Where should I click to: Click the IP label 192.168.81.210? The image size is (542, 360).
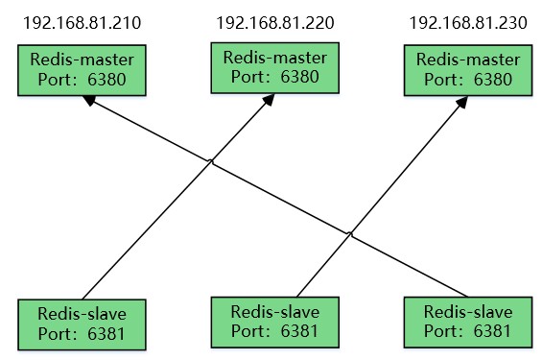click(81, 22)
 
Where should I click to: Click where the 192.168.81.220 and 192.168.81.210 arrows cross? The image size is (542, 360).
click(211, 164)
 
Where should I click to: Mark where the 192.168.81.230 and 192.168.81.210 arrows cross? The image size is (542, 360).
click(351, 232)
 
